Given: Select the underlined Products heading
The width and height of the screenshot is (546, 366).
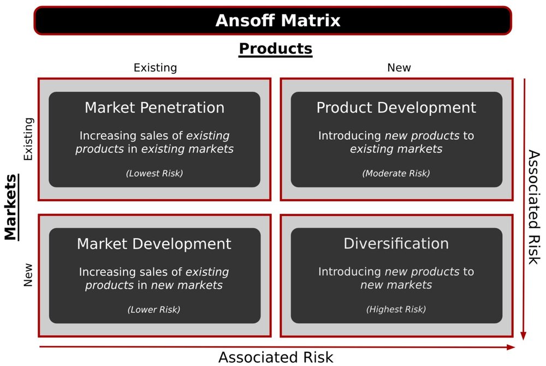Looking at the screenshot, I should click(276, 49).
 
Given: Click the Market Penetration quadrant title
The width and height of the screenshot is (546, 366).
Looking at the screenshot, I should click(155, 108).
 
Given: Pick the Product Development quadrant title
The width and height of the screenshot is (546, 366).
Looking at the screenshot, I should click(396, 108).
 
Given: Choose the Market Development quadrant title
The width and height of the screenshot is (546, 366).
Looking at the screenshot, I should click(155, 244).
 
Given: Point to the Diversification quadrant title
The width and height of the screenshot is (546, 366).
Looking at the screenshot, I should click(396, 244).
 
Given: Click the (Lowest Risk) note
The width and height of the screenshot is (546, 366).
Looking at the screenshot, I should click(155, 174).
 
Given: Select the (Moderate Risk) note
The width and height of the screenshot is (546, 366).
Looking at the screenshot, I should click(396, 174).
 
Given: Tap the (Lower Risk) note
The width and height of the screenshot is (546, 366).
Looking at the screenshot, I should click(155, 310).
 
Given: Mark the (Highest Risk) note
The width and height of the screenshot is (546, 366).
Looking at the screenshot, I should click(396, 310).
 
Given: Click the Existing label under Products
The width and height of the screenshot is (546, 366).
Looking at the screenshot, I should click(155, 68).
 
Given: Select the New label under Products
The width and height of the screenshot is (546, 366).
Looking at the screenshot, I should click(399, 68).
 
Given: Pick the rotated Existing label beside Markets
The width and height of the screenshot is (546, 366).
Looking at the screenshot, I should click(28, 139).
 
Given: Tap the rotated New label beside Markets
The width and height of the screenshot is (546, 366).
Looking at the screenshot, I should click(28, 275).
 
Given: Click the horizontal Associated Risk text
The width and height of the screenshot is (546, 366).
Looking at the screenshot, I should click(276, 357).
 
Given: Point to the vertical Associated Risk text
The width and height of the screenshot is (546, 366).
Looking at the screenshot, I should click(534, 208).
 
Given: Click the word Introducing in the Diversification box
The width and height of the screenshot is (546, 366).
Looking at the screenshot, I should click(350, 271).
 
